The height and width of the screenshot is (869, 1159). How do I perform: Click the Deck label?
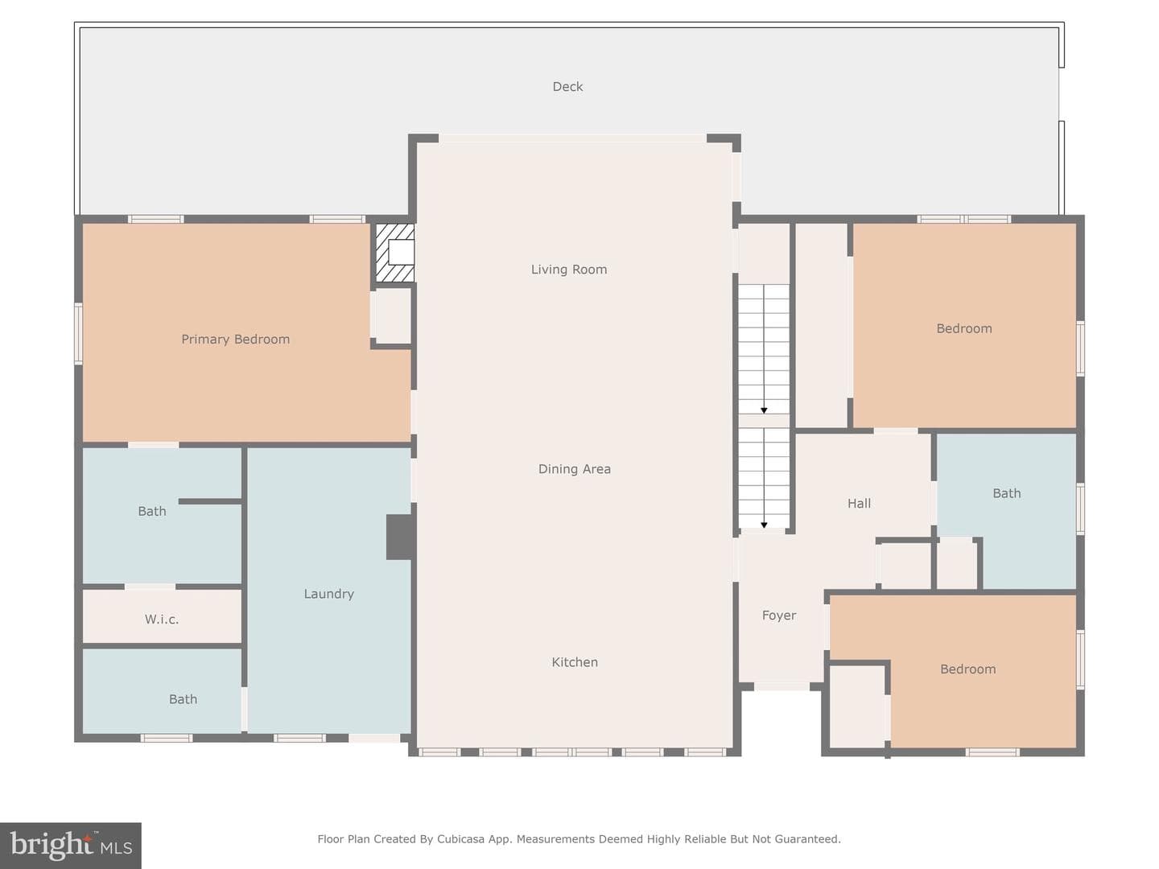coord(567,87)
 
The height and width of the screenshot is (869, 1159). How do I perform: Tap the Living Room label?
coord(569,270)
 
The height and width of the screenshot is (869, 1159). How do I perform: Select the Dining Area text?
coord(575,469)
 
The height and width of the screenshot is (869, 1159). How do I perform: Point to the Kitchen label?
coord(575,662)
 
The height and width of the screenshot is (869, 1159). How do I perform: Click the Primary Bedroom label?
coord(236,340)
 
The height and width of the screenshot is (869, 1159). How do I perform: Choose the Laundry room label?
coord(328,594)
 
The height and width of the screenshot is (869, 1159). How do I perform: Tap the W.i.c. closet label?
coord(162,620)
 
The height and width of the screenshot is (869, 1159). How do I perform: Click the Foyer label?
coord(779,616)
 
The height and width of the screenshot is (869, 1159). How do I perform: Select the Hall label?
coord(859,504)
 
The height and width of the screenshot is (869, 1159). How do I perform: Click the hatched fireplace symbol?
coord(394,253)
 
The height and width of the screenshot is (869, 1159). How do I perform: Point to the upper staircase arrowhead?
coord(764,410)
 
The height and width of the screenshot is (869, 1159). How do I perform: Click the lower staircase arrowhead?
coord(764,525)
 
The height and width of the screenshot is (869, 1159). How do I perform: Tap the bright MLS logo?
coord(71,845)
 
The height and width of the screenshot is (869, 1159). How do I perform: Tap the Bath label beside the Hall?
coord(1006,494)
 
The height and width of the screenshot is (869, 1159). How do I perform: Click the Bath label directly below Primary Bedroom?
coord(152,511)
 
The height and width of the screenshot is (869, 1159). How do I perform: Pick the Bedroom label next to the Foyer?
coord(968,669)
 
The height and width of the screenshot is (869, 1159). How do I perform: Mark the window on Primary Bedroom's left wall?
coord(78,333)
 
